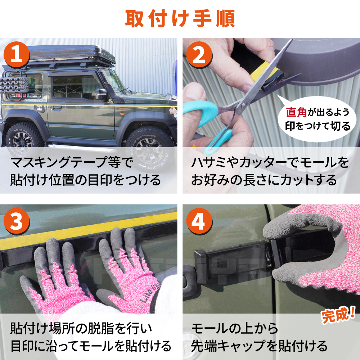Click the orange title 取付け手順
tap(180, 19)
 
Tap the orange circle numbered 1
tap(17, 55)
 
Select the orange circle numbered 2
tap(199, 55)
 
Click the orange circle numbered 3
tap(17, 221)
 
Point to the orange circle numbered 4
tap(199, 221)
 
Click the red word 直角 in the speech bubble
tap(296, 112)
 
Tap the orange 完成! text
tap(338, 314)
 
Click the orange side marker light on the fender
tap(122, 114)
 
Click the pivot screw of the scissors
tap(243, 105)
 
